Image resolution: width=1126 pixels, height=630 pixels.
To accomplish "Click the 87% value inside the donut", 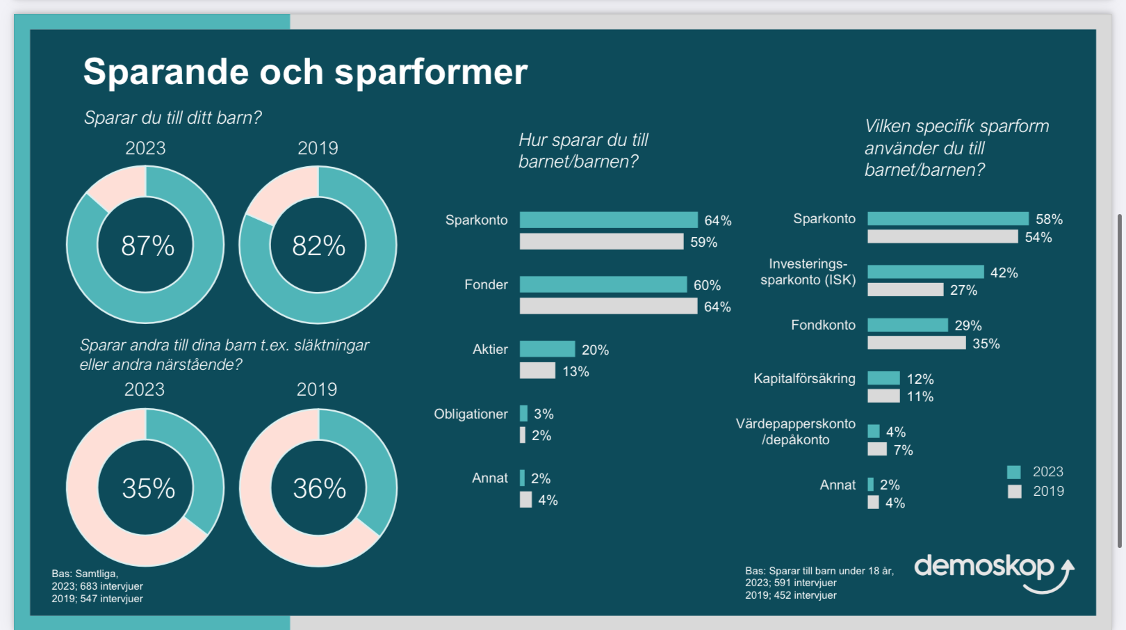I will pos(147,245).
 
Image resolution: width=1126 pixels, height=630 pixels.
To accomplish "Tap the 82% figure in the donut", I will pos(318,245).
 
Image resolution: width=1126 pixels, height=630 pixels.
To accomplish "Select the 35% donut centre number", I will pos(148,488).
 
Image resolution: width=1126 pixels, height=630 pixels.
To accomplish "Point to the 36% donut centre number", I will pos(319,488).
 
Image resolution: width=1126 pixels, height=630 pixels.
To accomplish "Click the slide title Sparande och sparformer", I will pos(305,72).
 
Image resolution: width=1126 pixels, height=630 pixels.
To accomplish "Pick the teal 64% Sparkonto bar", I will pos(608,220).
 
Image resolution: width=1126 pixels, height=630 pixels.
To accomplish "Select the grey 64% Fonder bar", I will pos(608,306).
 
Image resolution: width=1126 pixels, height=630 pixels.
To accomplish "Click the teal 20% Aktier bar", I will pos(547,349).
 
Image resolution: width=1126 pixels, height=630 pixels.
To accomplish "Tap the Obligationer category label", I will pos(471,414).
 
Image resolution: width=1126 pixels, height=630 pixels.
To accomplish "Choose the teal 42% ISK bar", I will pos(925,272).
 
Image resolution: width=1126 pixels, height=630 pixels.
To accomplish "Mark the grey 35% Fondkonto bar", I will pos(916,343).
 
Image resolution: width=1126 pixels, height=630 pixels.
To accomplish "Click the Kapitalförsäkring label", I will pos(804,378).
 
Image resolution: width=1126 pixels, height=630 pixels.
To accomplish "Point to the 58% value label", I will pos(1049,219).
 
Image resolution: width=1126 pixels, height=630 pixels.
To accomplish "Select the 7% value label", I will pos(903,450).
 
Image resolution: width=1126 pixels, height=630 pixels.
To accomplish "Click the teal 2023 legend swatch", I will pos(1014,472).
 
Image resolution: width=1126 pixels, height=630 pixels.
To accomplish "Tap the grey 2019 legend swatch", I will pos(1014,492).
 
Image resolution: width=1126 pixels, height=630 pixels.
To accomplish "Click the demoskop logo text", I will pos(984,567).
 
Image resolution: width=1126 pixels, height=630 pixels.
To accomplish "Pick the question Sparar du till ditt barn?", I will pos(172,118).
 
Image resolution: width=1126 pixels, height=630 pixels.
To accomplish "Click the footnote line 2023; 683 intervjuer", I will pos(97,586).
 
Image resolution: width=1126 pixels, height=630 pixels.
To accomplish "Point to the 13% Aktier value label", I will pos(576,371).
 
